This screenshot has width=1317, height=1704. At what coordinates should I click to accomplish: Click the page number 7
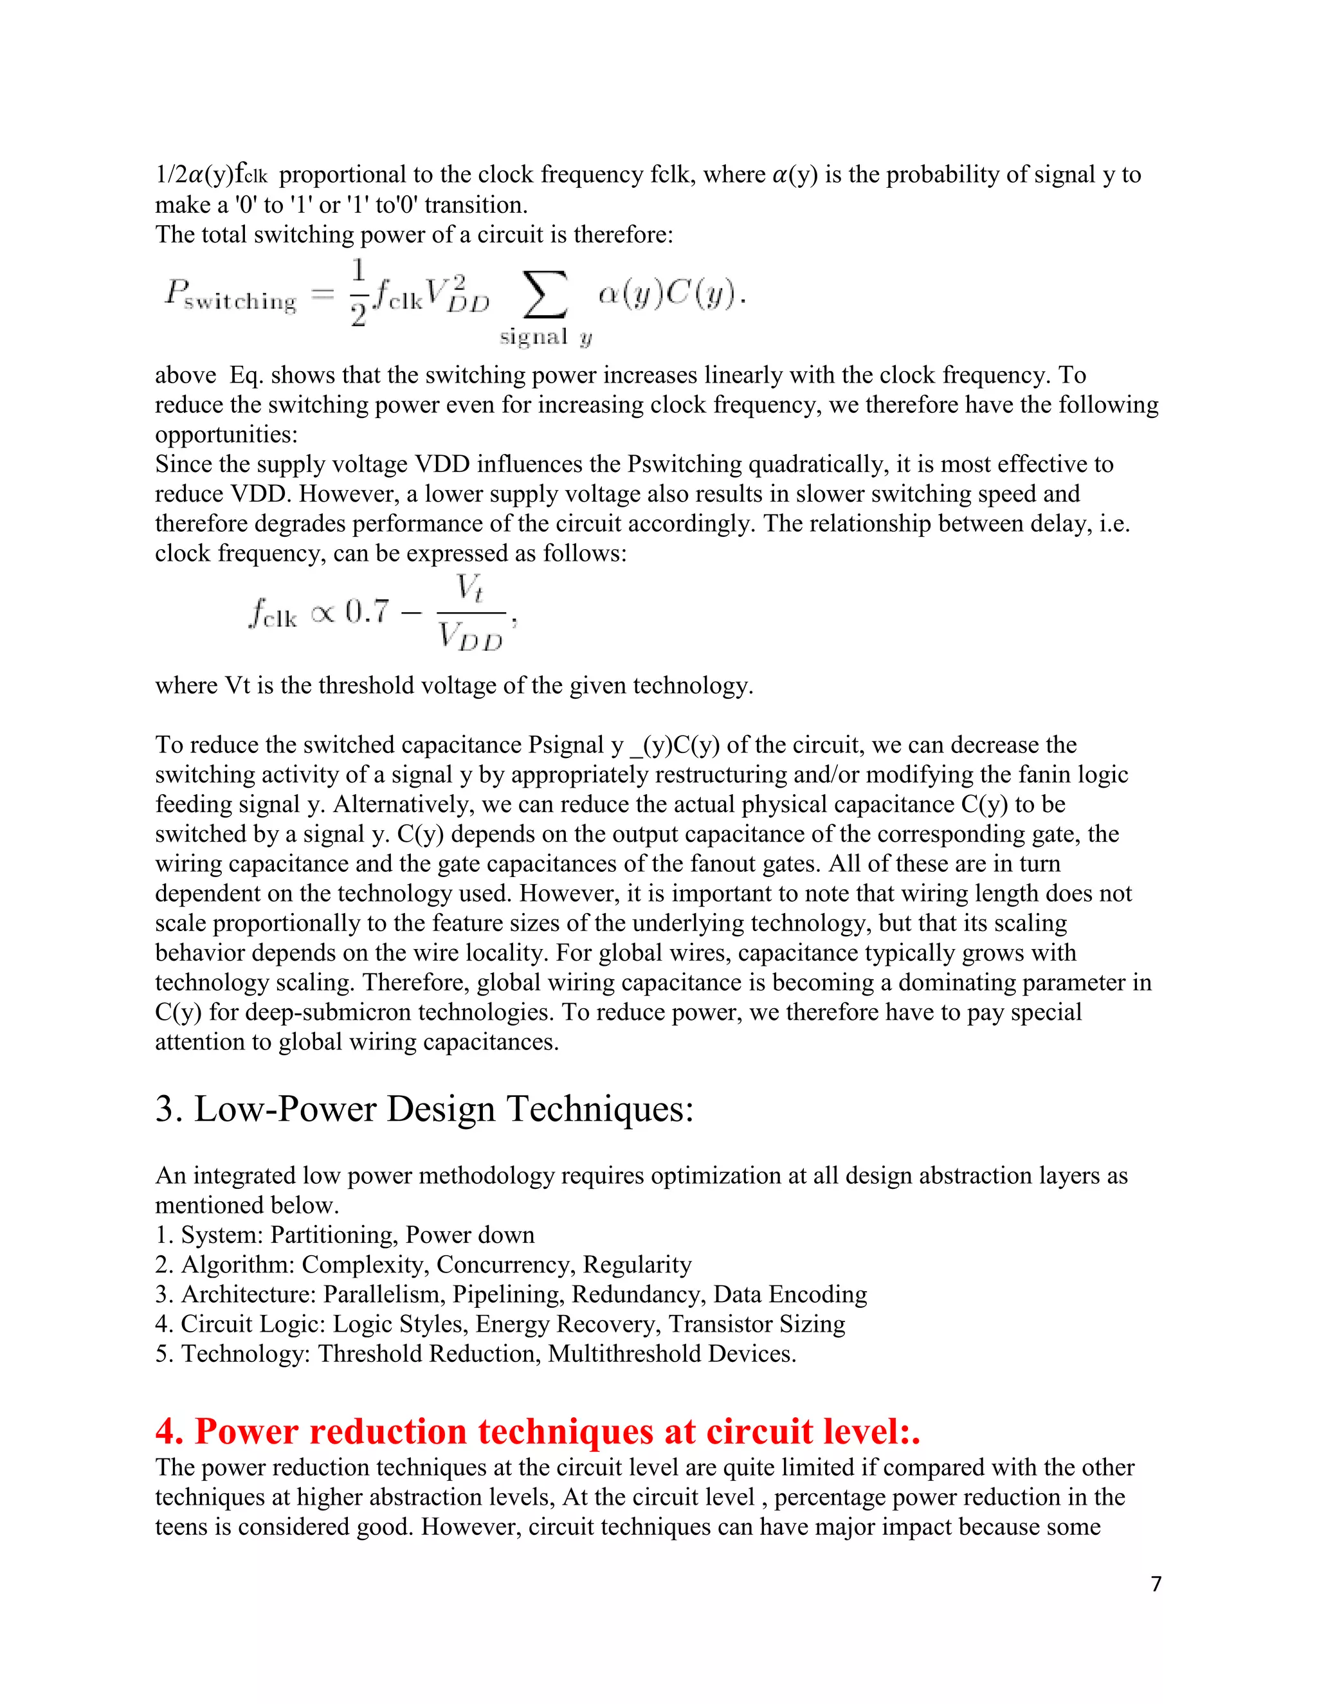1156,1584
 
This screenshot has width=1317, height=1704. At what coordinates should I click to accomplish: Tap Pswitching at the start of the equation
231,297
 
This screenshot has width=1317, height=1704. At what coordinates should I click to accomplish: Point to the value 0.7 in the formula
367,612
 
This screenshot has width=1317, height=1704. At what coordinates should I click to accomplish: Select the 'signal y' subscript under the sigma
545,337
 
